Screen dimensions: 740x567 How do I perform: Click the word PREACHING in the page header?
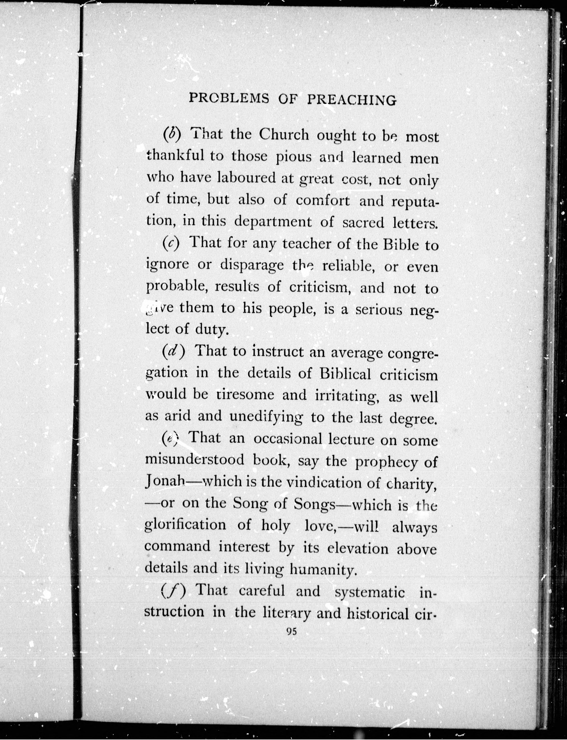point(352,100)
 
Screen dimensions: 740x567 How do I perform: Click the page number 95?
point(291,632)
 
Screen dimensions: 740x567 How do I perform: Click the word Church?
point(284,135)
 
